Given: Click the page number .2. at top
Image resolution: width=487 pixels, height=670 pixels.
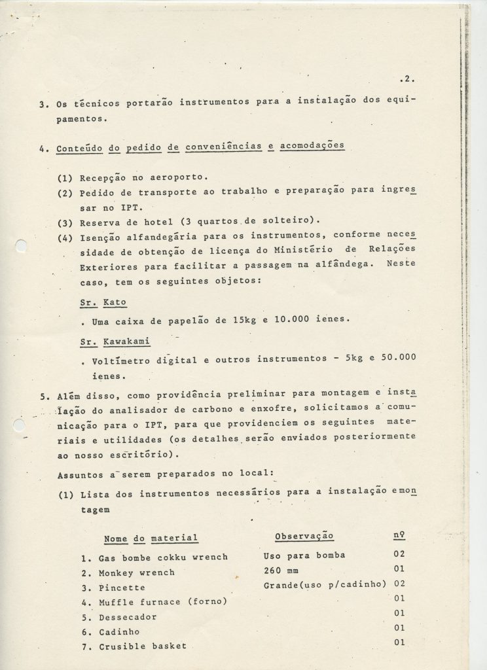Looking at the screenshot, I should pos(406,80).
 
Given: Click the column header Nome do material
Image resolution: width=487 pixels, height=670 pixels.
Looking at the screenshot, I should pos(151,538).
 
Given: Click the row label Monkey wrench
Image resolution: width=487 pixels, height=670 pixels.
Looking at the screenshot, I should pos(137,573).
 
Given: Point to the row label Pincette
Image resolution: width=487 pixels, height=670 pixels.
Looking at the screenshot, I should pos(122,588).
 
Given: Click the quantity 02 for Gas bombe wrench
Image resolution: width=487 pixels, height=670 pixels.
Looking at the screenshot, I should pos(401,554).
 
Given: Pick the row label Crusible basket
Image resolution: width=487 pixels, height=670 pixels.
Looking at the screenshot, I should pos(143,646).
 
